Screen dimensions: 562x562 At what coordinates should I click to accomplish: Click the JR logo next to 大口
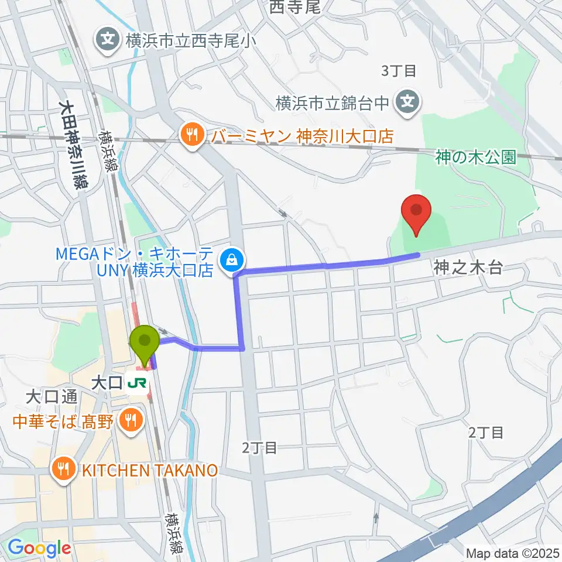point(139,383)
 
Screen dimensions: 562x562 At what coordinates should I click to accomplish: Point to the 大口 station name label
point(107,383)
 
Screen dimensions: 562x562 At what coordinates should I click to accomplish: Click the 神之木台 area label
point(468,268)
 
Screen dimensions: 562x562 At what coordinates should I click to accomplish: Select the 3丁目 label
point(398,71)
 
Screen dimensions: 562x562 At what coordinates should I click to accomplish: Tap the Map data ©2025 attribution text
point(512,553)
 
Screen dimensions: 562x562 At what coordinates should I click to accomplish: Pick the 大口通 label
point(52,397)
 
